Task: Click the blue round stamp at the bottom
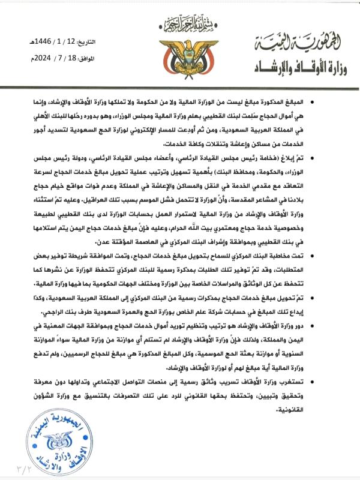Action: pos(55,442)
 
